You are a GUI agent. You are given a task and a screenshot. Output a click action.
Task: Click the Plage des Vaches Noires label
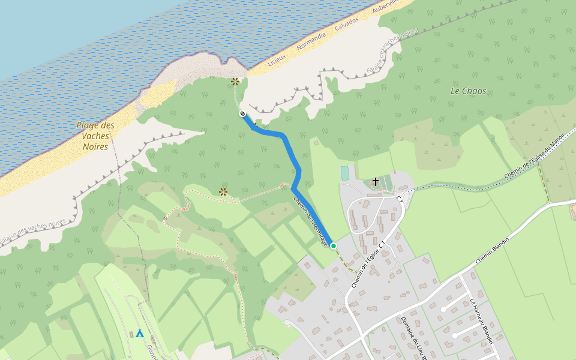tap(95, 136)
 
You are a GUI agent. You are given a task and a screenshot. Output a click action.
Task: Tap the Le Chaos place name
tap(468, 91)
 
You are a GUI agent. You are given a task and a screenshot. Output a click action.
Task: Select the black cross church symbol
tap(376, 181)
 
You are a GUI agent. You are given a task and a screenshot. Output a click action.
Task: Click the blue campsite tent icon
tap(140, 333)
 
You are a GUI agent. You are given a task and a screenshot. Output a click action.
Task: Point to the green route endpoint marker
tap(334, 246)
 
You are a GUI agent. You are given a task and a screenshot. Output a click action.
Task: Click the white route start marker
tap(242, 113)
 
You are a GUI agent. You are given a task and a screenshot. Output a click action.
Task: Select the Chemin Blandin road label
tap(492, 251)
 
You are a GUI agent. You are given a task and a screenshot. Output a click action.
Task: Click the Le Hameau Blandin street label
tap(481, 321)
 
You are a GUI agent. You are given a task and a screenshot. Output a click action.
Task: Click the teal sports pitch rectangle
tap(345, 173)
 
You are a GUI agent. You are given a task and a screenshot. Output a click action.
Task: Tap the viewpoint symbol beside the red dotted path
tap(223, 192)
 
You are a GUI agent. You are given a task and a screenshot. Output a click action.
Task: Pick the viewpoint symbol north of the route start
tap(235, 82)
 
